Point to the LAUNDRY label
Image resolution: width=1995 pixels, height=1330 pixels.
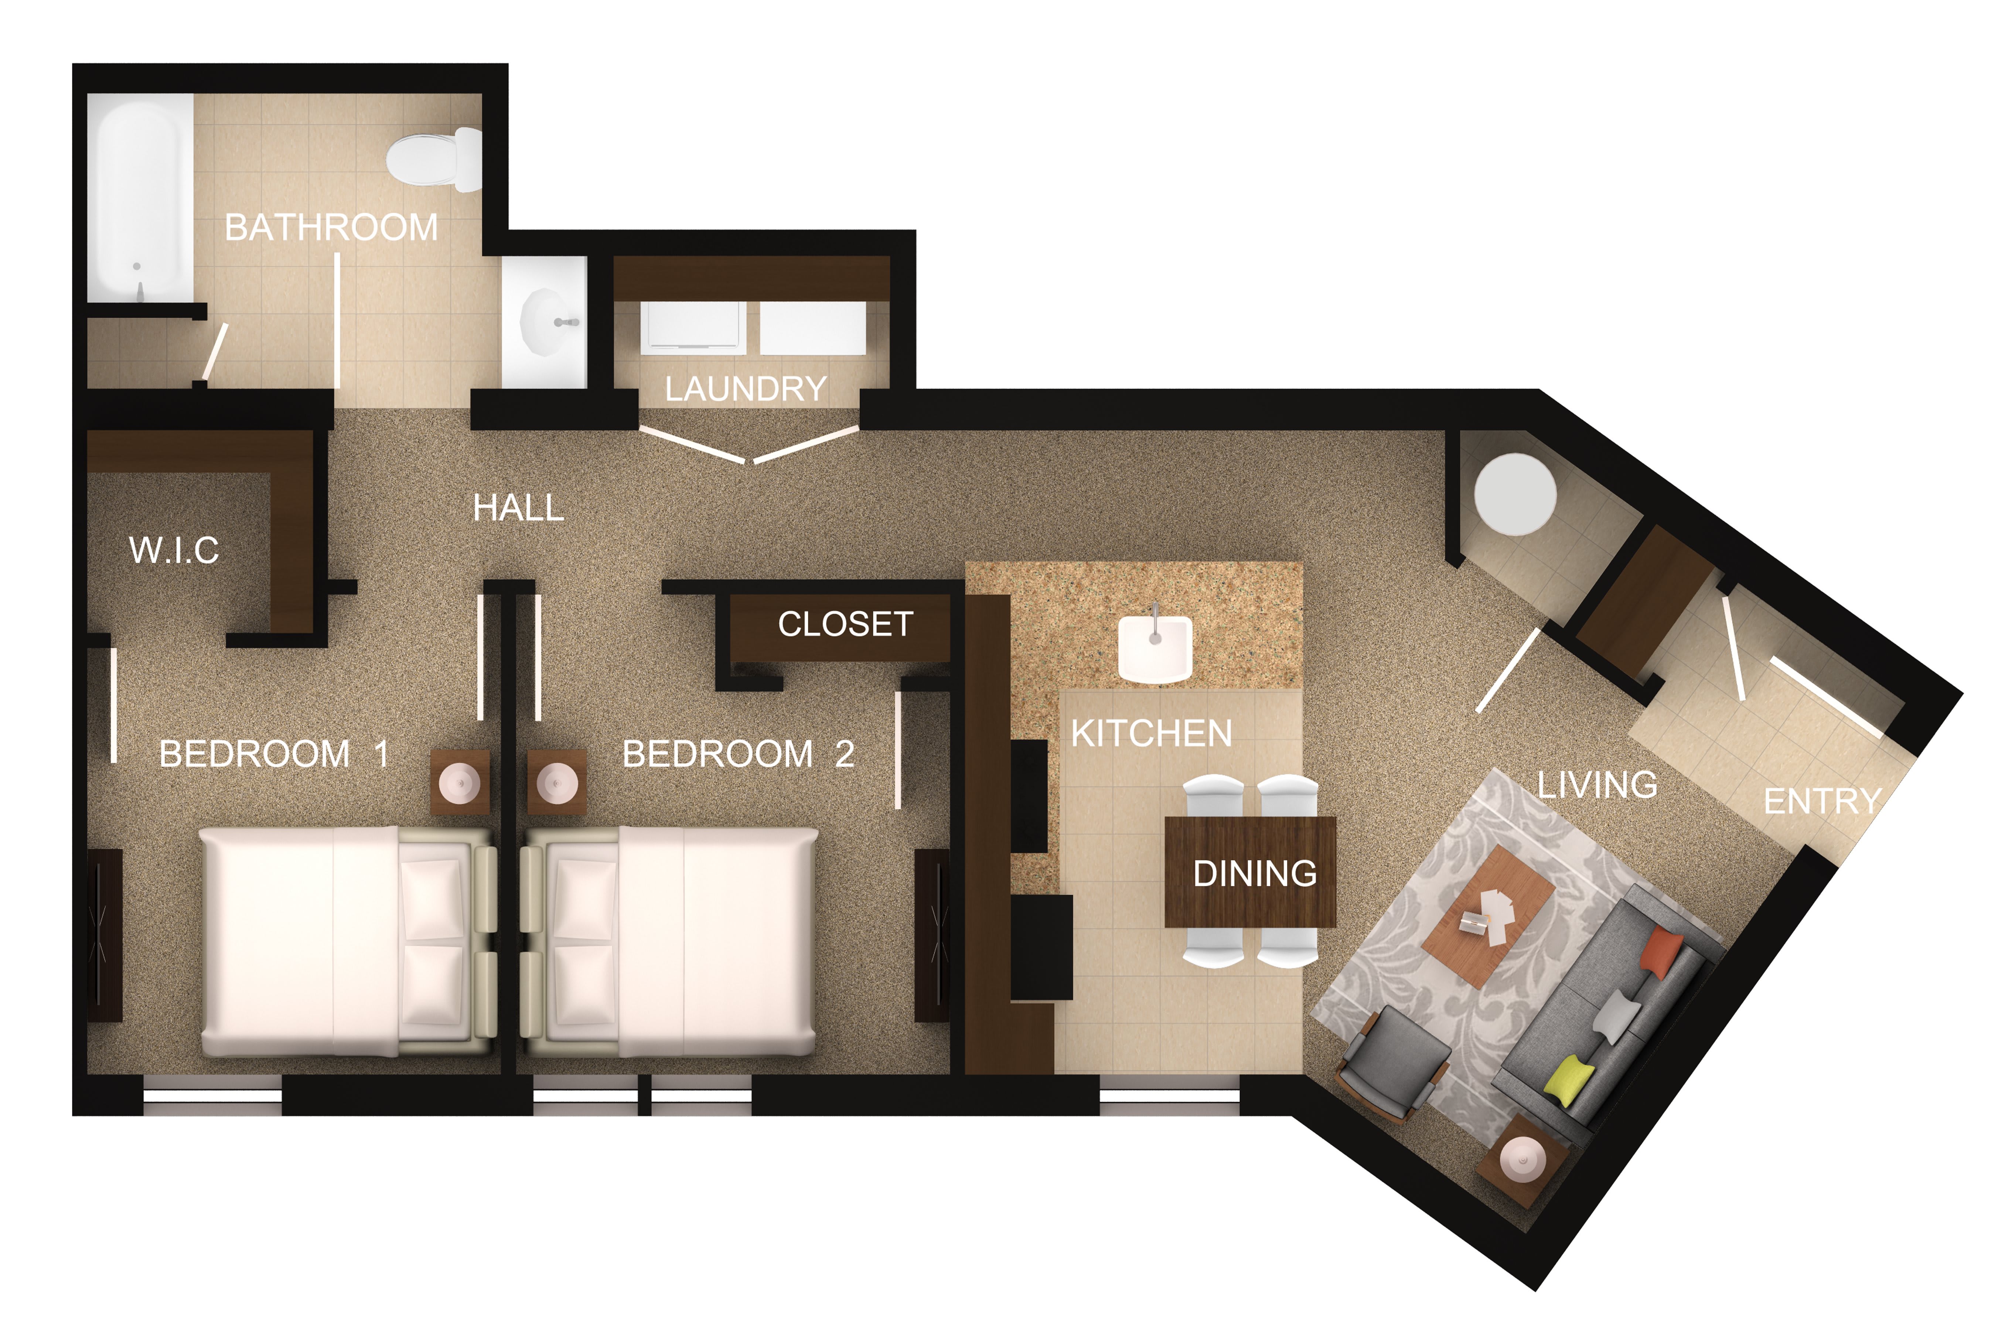(x=746, y=389)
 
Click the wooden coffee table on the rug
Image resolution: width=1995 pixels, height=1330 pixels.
(x=1488, y=916)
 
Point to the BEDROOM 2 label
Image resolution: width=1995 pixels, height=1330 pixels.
(x=738, y=753)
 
